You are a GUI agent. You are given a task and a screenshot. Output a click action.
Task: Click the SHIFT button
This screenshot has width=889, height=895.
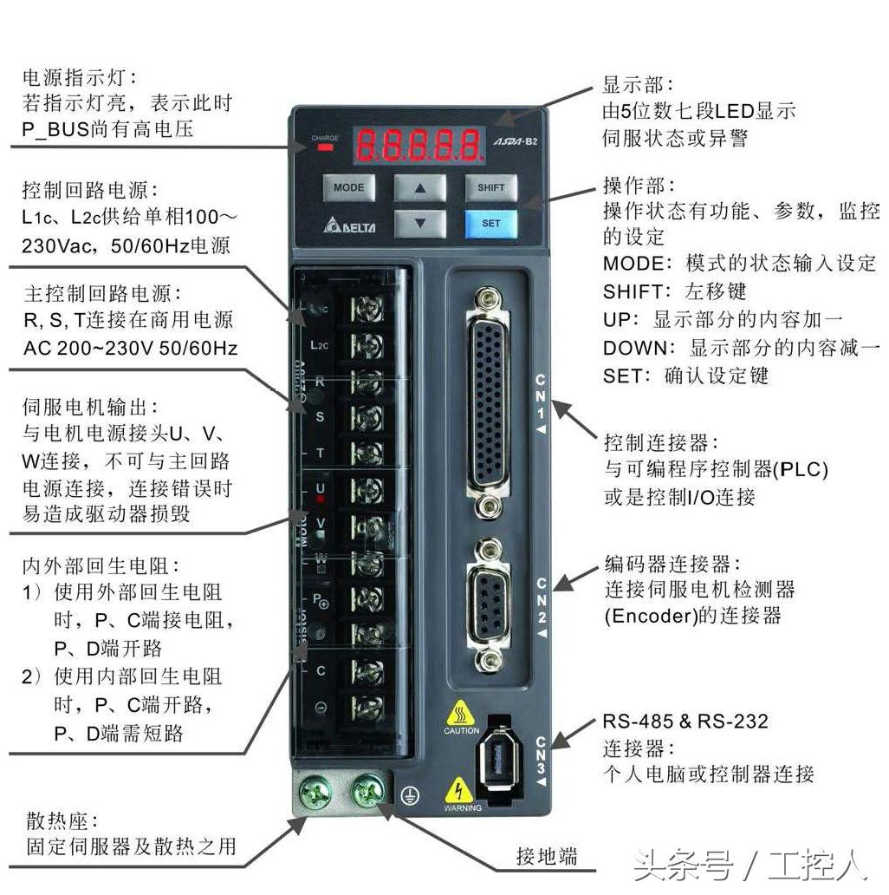(x=490, y=187)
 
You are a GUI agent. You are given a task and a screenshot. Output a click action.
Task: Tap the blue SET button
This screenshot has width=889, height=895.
(x=490, y=223)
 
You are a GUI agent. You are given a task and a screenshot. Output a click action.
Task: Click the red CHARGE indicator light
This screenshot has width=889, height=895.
(x=326, y=147)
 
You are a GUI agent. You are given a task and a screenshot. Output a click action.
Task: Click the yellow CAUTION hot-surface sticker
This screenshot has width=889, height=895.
(x=461, y=717)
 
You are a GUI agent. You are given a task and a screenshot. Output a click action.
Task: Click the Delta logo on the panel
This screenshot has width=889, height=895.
(x=350, y=226)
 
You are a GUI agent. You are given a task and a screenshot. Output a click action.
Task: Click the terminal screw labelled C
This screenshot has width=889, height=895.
(x=368, y=670)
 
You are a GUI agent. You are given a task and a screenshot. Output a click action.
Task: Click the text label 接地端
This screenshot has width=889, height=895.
(x=546, y=857)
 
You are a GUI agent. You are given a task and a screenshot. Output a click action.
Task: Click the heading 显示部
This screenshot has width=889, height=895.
(x=637, y=85)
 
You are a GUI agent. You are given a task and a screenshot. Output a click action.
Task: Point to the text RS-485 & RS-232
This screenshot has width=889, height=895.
(x=685, y=722)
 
